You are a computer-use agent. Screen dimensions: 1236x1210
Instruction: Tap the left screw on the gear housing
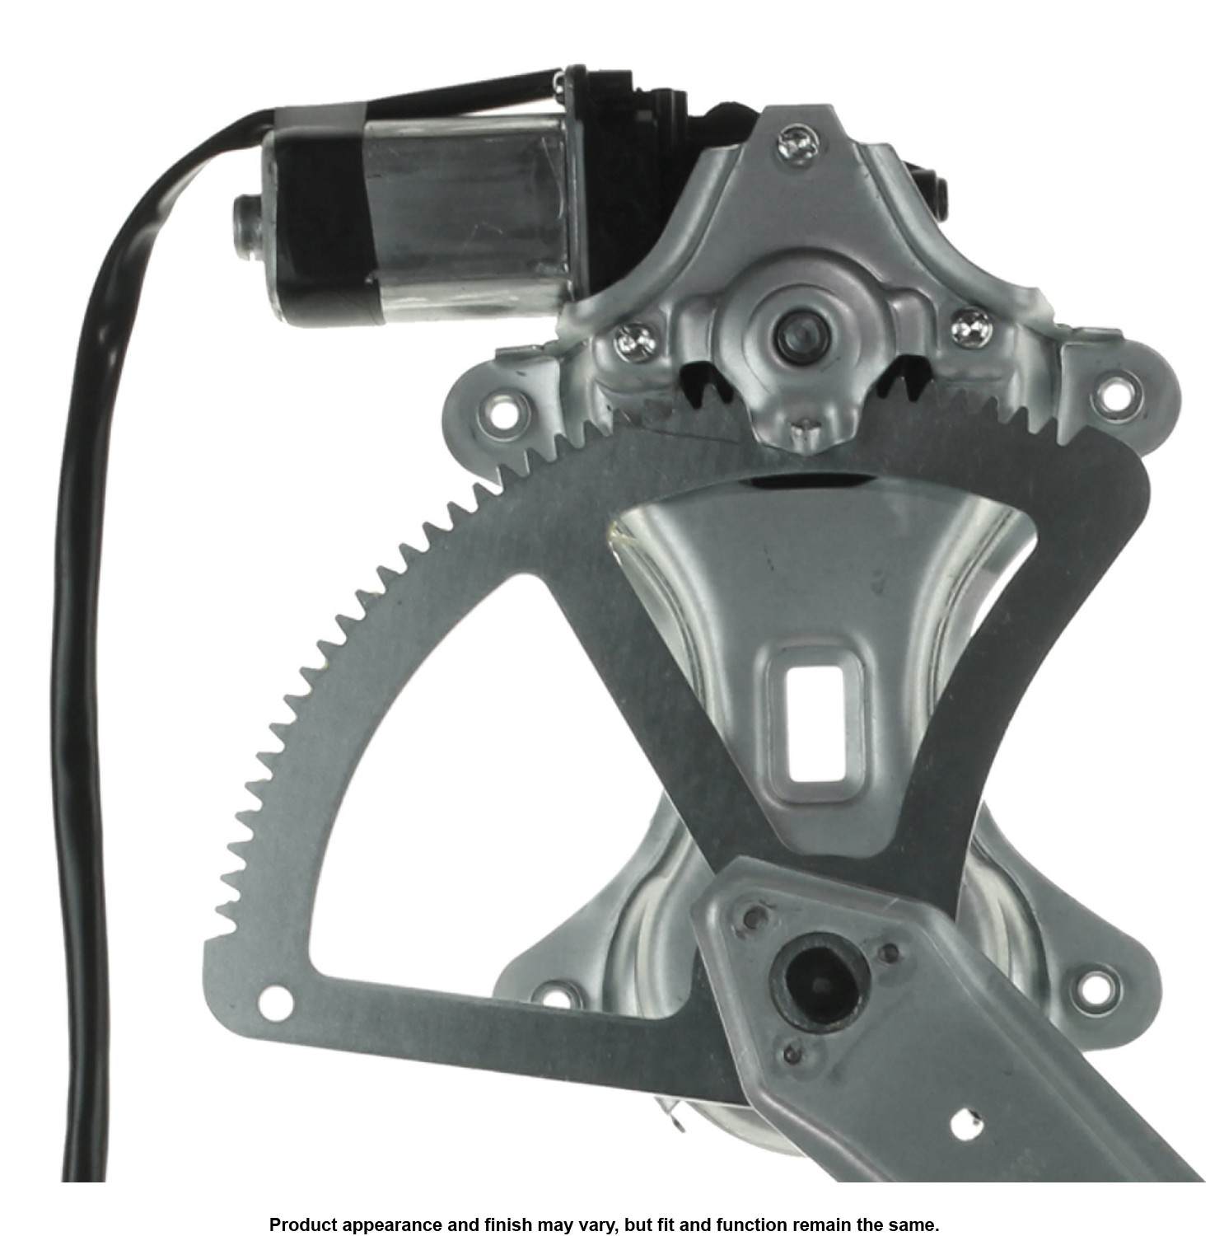(x=633, y=339)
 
